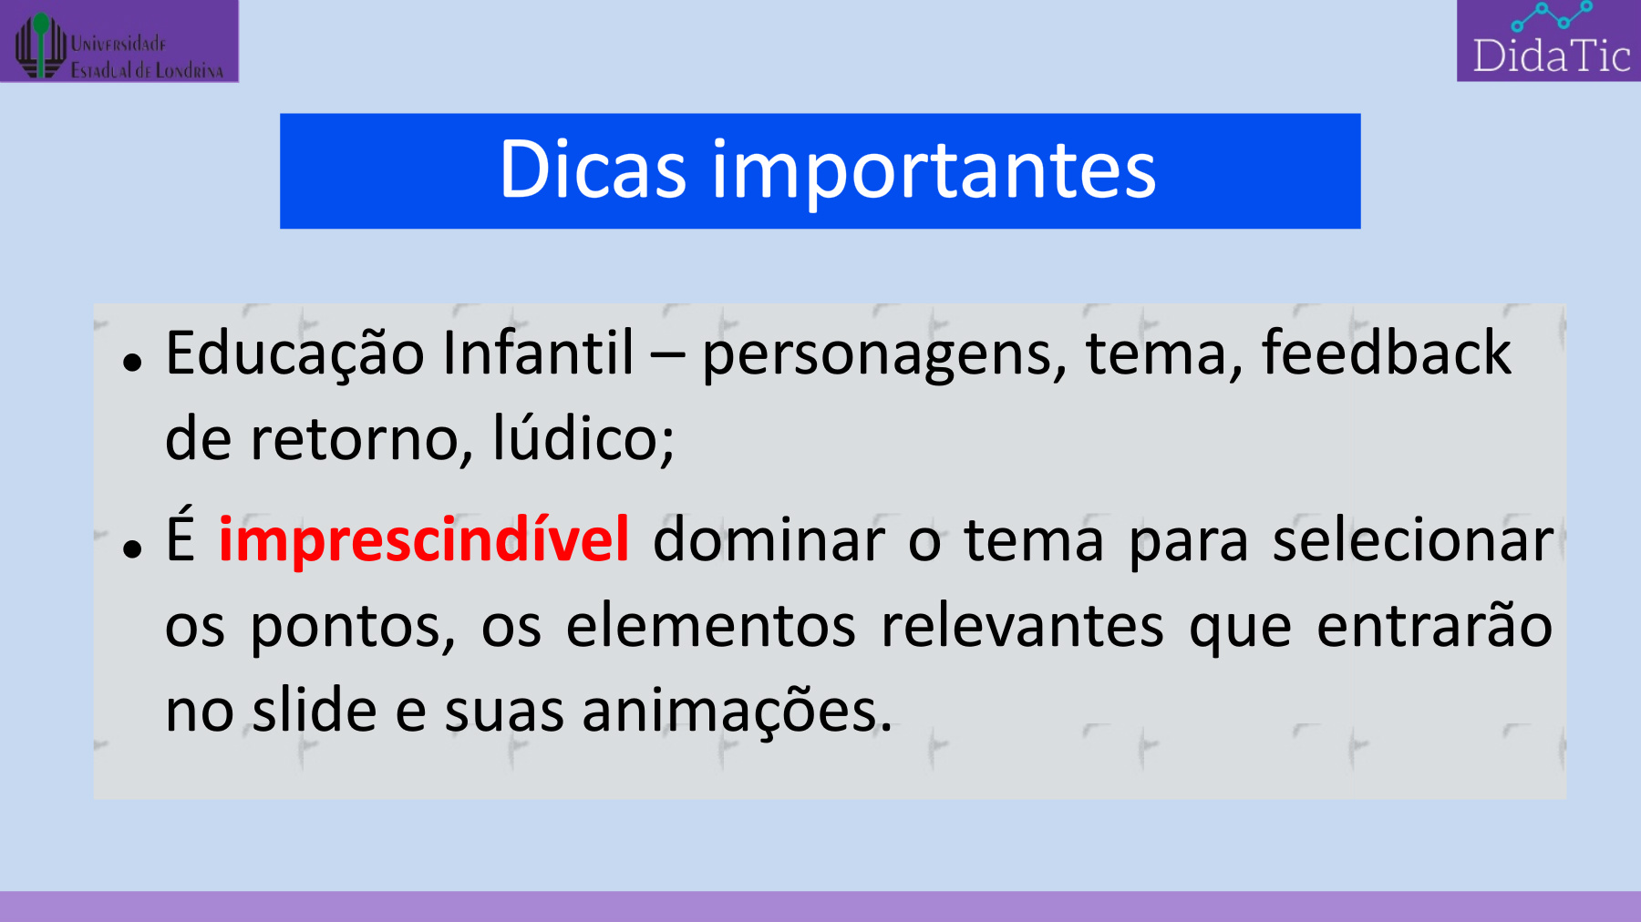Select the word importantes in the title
click(x=934, y=173)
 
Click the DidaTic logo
click(x=1549, y=41)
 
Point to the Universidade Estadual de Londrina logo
click(x=119, y=42)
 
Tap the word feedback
click(x=1387, y=352)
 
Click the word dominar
click(x=769, y=539)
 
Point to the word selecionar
click(x=1413, y=539)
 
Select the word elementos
click(x=711, y=626)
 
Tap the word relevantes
click(x=1023, y=626)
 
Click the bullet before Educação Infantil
click(x=133, y=363)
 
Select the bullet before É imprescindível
click(x=133, y=548)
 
